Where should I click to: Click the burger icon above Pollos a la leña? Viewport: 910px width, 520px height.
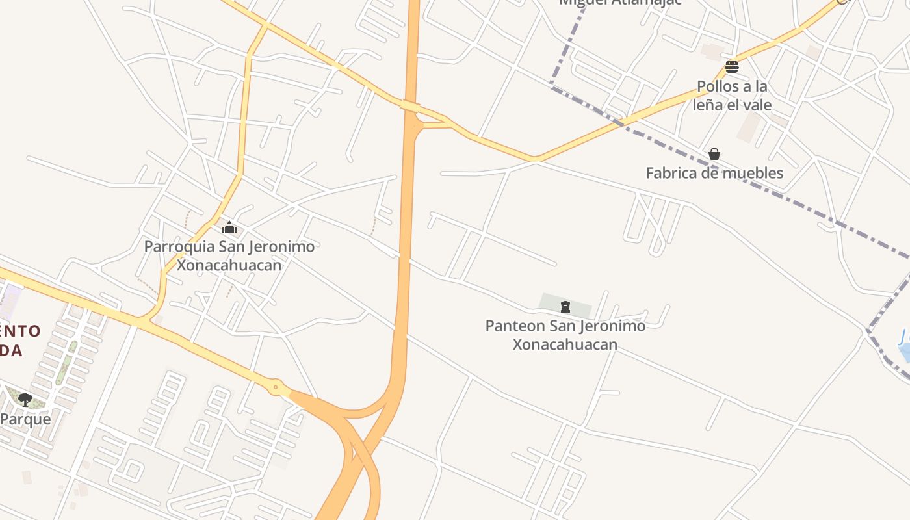click(x=732, y=66)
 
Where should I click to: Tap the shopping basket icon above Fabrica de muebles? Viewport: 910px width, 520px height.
click(x=714, y=154)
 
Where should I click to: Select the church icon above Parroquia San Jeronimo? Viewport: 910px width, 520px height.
click(x=229, y=227)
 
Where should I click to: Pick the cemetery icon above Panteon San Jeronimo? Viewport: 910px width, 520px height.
click(x=565, y=307)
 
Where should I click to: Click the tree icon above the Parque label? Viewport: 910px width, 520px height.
click(x=25, y=399)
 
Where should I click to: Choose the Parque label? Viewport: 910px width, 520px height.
click(x=25, y=419)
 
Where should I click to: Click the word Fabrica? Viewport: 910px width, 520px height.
click(x=671, y=174)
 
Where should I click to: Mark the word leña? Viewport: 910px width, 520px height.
click(x=708, y=105)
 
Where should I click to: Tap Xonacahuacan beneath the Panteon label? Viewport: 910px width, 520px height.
click(x=565, y=344)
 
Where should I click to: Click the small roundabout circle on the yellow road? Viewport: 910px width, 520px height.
click(x=276, y=387)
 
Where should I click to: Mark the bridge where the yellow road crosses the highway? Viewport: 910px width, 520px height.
click(x=410, y=106)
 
